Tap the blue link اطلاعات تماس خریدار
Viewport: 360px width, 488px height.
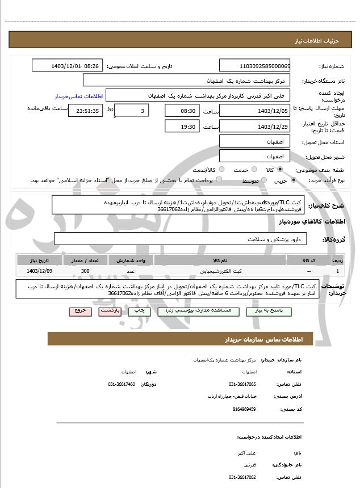point(77,96)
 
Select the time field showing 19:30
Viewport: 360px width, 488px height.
point(182,125)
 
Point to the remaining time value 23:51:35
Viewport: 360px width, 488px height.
point(85,111)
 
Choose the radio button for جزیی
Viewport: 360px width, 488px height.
point(294,180)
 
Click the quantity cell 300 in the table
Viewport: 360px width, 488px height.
point(85,271)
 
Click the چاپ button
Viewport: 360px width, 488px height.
point(138,311)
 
